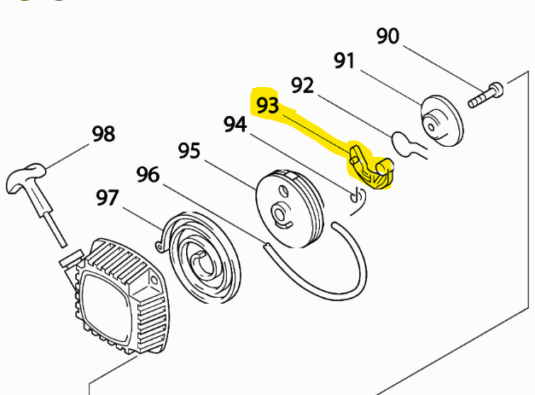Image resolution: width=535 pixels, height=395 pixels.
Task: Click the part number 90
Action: pyautogui.click(x=387, y=36)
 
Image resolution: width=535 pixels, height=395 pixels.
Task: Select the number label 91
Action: pyautogui.click(x=344, y=61)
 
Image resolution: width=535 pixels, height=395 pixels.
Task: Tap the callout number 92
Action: pyautogui.click(x=302, y=86)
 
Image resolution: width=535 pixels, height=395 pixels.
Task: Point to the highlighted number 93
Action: pyautogui.click(x=267, y=105)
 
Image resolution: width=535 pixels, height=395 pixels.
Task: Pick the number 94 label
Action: pyautogui.click(x=235, y=125)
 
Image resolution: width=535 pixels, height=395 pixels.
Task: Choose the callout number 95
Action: pyautogui.click(x=189, y=151)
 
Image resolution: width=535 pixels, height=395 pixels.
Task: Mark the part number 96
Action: pyautogui.click(x=148, y=175)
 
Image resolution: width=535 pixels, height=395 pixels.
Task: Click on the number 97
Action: pyautogui.click(x=108, y=198)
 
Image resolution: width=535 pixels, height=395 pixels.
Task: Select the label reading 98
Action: pyautogui.click(x=103, y=134)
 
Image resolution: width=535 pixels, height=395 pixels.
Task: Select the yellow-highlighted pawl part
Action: pyautogui.click(x=372, y=168)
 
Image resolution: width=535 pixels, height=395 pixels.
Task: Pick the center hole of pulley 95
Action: pyautogui.click(x=278, y=211)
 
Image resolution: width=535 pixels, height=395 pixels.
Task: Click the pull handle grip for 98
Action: pyautogui.click(x=28, y=177)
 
